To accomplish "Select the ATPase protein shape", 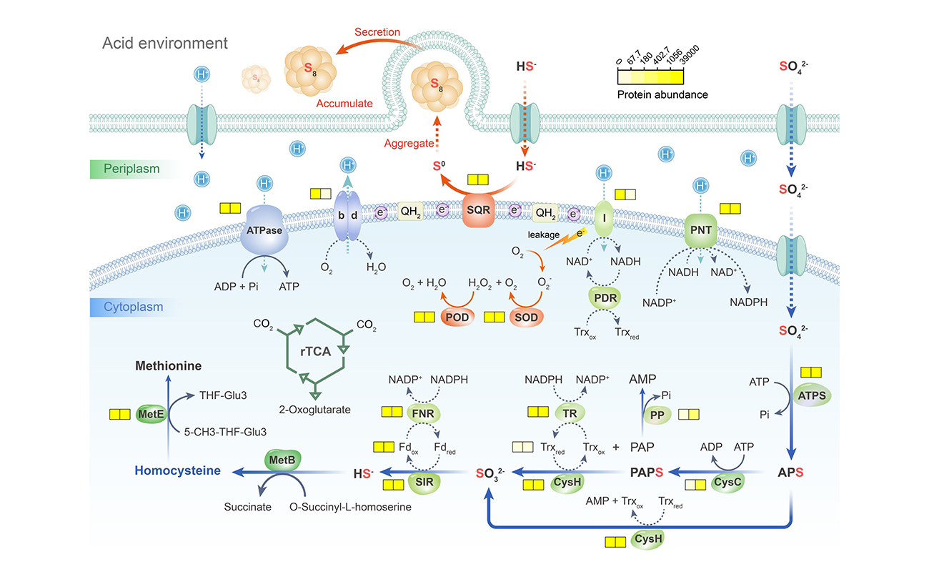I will coord(265,230).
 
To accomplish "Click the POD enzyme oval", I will coord(455,315).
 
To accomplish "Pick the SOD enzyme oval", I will coord(525,315).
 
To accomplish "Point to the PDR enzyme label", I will coord(605,296).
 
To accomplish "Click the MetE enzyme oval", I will coord(151,414).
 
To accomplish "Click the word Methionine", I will coord(169,366).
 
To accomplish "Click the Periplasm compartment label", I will coord(134,169).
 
